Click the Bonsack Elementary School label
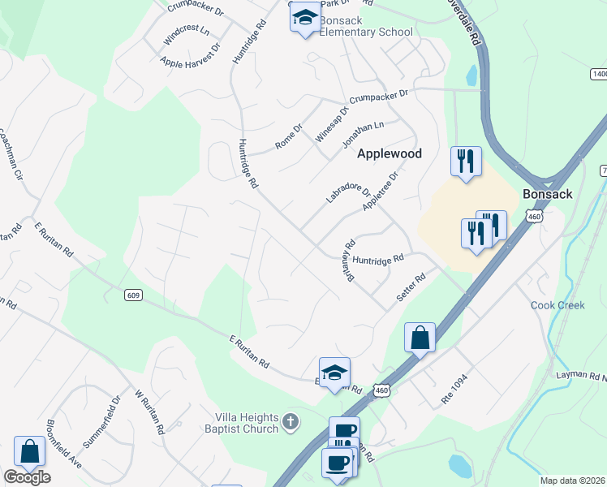click(x=365, y=26)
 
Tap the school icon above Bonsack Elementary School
click(x=305, y=18)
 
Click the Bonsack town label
click(x=549, y=195)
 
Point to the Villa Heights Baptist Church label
click(x=241, y=423)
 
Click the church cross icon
click(x=291, y=422)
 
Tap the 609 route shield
click(x=135, y=295)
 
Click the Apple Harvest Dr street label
click(x=191, y=54)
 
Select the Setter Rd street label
click(x=411, y=288)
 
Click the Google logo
click(x=27, y=477)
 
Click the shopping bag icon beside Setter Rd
click(x=420, y=337)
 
